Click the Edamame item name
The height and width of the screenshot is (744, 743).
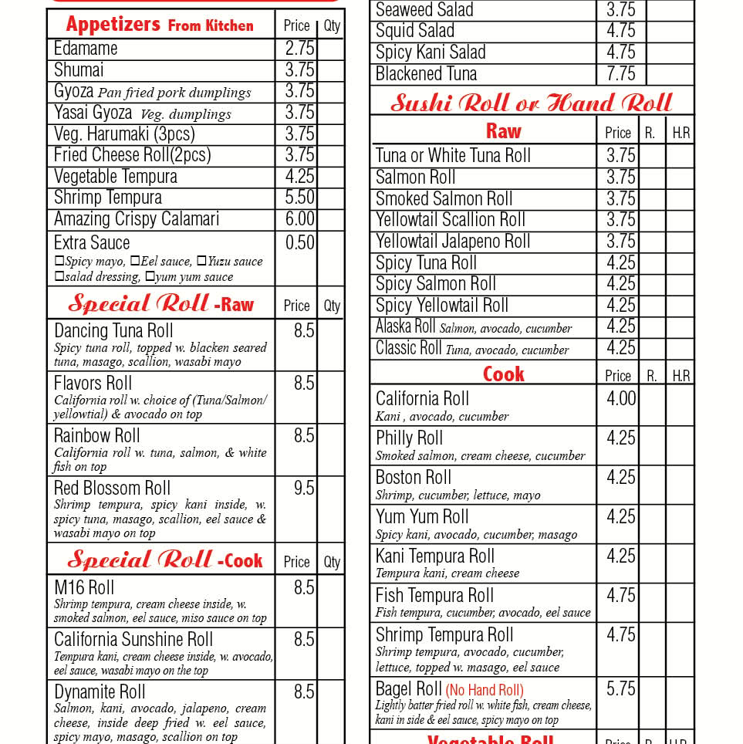[x=86, y=49]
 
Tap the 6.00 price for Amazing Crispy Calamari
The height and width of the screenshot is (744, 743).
[x=299, y=219]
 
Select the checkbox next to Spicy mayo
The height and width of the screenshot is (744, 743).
[x=59, y=262]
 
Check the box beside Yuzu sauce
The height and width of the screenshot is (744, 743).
[x=201, y=262]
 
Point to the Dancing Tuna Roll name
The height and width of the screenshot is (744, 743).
[x=113, y=331]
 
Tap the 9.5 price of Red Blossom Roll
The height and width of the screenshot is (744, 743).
[x=304, y=489]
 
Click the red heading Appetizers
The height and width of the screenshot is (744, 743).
[x=113, y=24]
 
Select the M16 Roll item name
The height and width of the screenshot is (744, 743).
[x=84, y=588]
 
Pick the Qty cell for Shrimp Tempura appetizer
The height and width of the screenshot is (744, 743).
[x=331, y=198]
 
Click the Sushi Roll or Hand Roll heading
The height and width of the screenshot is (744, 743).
[x=532, y=103]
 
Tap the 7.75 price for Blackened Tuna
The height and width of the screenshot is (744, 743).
[x=620, y=74]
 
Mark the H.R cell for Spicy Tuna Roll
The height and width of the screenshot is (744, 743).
[x=680, y=263]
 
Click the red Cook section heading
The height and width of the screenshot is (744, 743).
[x=504, y=374]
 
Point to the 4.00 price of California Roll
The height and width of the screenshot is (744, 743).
[x=621, y=399]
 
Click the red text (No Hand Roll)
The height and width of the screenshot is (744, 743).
[x=485, y=690]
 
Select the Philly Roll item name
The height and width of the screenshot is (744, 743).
[x=409, y=438]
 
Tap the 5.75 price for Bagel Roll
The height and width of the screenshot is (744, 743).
[x=621, y=688]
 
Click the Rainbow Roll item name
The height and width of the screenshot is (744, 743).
[x=96, y=436]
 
